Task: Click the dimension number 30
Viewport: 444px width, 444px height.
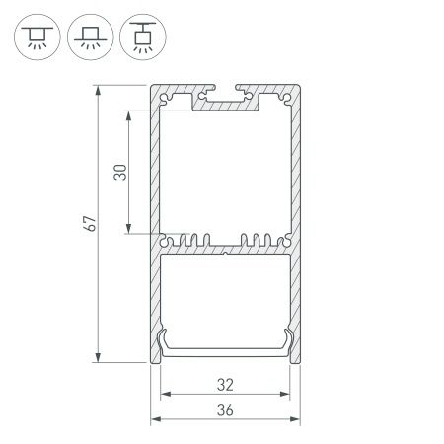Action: pyautogui.click(x=118, y=172)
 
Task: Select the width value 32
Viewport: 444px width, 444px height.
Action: pyautogui.click(x=225, y=385)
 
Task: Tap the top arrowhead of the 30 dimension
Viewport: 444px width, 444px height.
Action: pyautogui.click(x=129, y=111)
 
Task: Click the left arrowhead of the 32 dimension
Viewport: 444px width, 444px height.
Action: pyautogui.click(x=164, y=396)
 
